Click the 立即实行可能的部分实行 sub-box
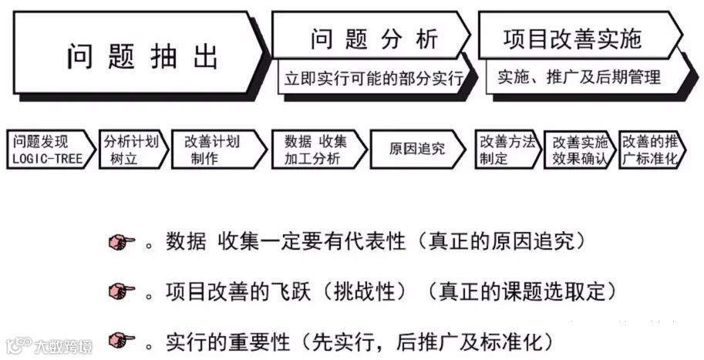point(373,79)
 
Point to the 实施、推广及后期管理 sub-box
point(578,77)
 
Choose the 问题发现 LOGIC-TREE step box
point(49,150)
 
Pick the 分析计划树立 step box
point(132,150)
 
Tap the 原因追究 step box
point(416,150)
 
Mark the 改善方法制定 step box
point(506,150)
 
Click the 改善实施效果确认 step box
point(578,150)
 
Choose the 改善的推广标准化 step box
point(650,150)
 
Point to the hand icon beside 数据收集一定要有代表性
point(121,243)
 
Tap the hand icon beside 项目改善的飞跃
point(121,291)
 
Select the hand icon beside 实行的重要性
point(121,340)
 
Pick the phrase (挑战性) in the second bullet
point(365,291)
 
